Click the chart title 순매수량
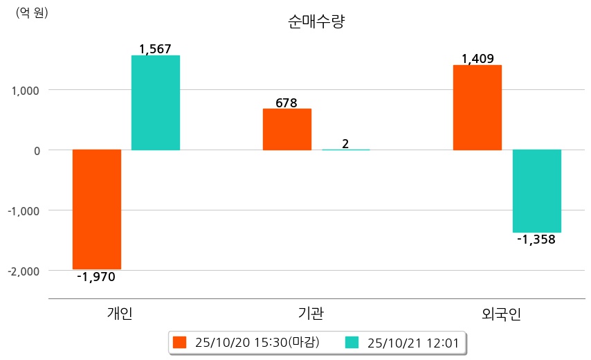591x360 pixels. [x=316, y=22]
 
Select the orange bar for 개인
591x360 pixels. [x=97, y=209]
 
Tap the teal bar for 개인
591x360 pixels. [x=156, y=102]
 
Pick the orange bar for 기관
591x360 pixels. [x=287, y=129]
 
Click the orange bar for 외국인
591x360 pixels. [x=477, y=107]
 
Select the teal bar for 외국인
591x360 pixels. [x=536, y=191]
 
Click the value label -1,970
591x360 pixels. [x=96, y=277]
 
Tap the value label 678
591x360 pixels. [x=287, y=103]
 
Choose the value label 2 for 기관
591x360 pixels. [x=345, y=144]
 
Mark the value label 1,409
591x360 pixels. [x=478, y=59]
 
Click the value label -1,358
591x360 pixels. [x=536, y=240]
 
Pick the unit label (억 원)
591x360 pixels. [x=32, y=12]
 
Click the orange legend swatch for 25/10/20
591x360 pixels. [x=180, y=342]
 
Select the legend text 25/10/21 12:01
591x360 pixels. [x=412, y=342]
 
